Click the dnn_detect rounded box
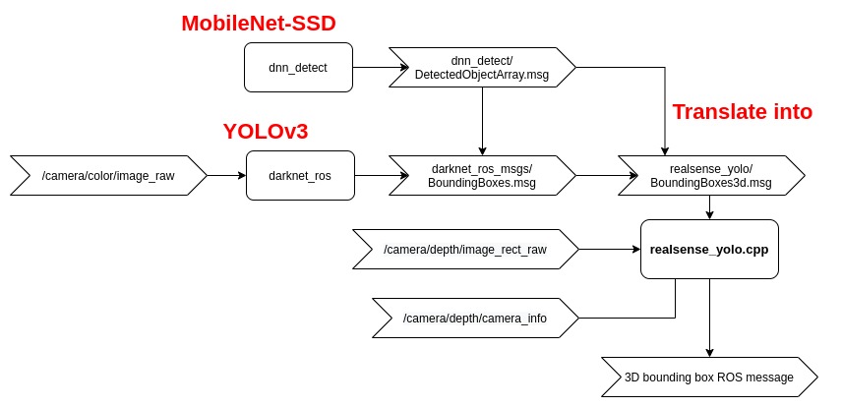298,68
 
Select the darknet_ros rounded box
299,176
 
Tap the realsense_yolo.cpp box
708,250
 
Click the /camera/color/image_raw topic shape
108,176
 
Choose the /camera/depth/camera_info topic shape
474,318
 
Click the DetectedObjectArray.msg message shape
482,69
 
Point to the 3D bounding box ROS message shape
708,376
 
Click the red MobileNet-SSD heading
266,23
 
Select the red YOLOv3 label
272,132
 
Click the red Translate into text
742,111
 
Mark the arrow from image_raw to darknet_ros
226,176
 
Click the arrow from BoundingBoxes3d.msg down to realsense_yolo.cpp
708,207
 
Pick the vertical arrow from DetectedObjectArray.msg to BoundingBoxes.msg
482,118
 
